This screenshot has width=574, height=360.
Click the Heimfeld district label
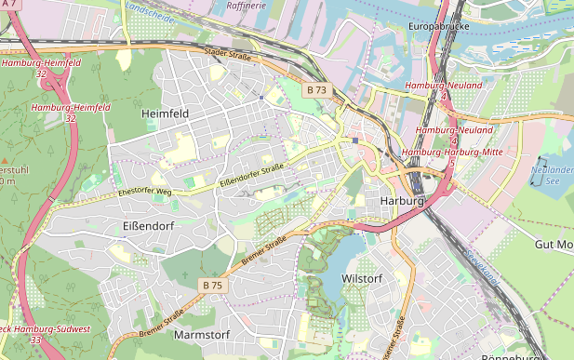(x=165, y=113)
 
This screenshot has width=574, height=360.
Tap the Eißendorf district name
(x=148, y=226)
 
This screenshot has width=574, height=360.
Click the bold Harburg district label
(x=402, y=201)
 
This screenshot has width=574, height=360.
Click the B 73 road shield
(x=316, y=90)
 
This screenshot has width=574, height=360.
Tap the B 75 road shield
(x=212, y=285)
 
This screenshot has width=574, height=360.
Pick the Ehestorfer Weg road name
(x=145, y=192)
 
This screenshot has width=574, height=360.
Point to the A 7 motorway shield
(x=7, y=6)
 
